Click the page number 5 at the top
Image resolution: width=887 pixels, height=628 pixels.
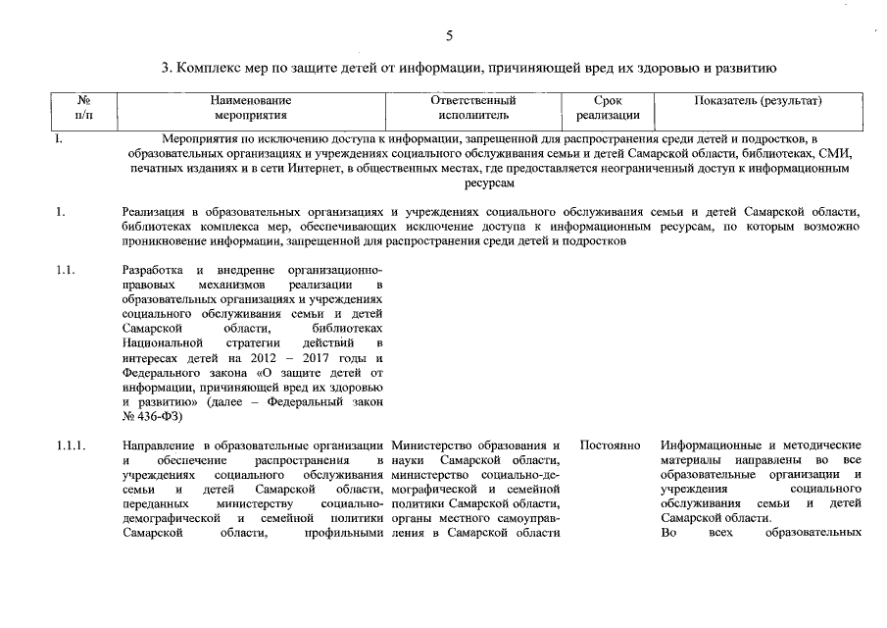449,36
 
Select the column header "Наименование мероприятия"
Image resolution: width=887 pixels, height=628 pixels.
251,108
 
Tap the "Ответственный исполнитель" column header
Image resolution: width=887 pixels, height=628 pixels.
473,108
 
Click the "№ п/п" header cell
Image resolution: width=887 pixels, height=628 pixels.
83,108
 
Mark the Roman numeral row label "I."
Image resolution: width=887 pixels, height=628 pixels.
60,138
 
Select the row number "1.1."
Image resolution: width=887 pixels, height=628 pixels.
67,269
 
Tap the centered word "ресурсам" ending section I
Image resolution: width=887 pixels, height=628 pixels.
488,183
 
